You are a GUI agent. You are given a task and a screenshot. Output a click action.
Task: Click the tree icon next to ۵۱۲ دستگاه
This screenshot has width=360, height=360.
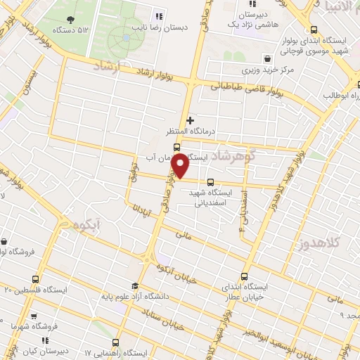71,20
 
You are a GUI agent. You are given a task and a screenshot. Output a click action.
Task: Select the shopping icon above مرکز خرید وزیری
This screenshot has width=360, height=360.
266,58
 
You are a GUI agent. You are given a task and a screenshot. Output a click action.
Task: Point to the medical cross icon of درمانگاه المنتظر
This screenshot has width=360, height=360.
190,120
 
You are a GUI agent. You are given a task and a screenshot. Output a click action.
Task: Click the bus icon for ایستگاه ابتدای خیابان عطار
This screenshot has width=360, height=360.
244,276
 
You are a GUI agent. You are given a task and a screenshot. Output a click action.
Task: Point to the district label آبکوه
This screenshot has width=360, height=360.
83,226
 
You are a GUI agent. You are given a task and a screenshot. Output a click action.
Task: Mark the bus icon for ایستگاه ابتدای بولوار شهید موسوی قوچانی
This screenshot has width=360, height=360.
313,30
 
